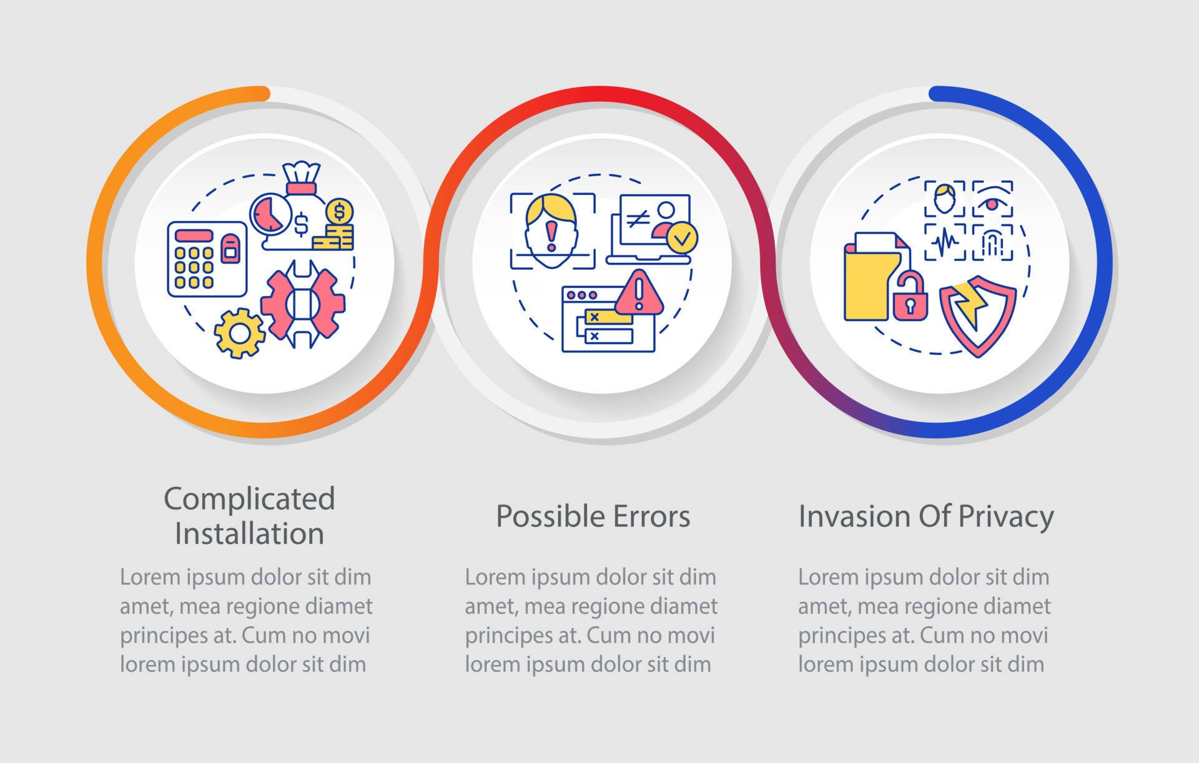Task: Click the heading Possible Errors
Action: click(x=593, y=517)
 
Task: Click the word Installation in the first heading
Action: click(x=250, y=534)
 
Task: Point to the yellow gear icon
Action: click(x=239, y=333)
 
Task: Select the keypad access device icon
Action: click(x=207, y=258)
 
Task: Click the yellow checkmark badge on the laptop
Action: click(x=682, y=237)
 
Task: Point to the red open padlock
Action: click(x=910, y=296)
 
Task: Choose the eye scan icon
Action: click(x=992, y=199)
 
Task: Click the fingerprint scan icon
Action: click(x=992, y=242)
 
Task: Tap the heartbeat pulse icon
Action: click(x=945, y=242)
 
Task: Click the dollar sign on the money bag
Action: click(x=301, y=224)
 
